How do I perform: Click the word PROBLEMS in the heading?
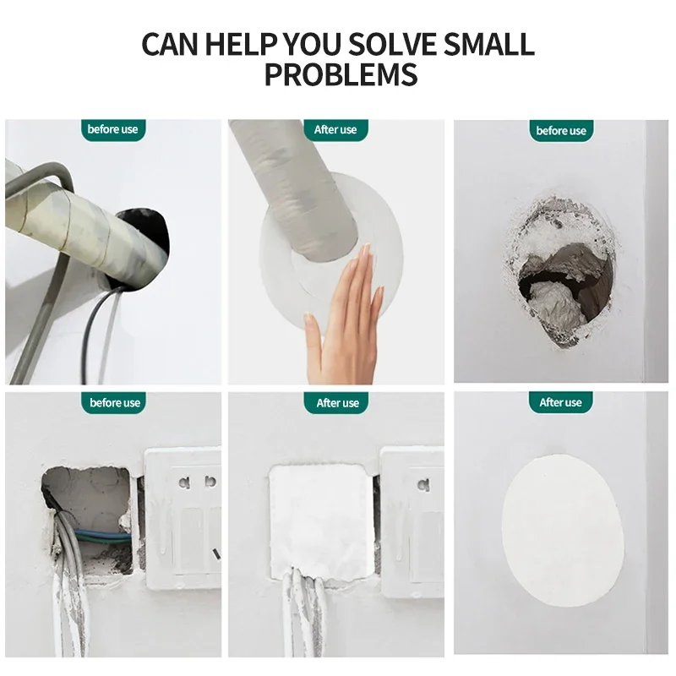click(341, 74)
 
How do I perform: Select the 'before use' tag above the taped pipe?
click(113, 129)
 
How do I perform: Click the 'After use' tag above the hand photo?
click(335, 130)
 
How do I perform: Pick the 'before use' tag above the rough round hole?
click(561, 131)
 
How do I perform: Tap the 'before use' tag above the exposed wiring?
click(114, 403)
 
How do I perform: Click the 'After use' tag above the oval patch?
click(560, 403)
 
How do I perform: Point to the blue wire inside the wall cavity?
click(103, 536)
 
